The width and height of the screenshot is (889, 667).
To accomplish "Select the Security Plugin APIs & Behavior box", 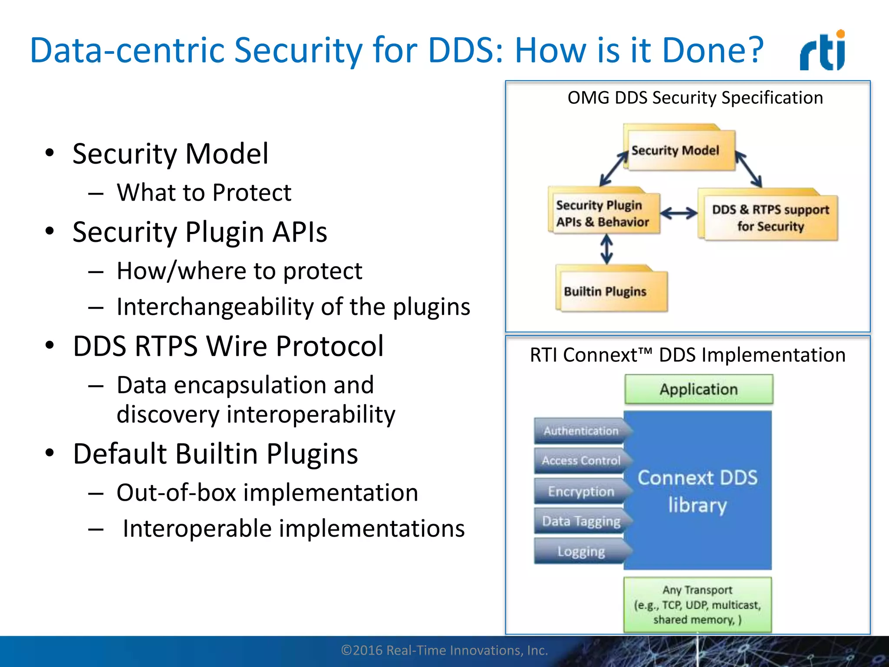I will pos(604,213).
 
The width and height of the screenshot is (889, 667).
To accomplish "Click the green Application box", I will pos(698,389).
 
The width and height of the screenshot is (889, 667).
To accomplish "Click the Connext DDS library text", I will pos(698,491).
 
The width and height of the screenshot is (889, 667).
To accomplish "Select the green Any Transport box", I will pos(698,604).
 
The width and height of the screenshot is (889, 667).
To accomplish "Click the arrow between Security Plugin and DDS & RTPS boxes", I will pos(679,213).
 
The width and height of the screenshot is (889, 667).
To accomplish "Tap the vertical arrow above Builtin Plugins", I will pos(606,250).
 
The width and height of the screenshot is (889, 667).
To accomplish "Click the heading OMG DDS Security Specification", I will pos(695,98).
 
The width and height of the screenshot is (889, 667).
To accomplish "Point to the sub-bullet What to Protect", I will pos(204,192).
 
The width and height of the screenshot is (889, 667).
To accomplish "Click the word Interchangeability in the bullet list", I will pos(215,307).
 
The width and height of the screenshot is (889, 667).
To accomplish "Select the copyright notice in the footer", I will pos(444,650).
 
